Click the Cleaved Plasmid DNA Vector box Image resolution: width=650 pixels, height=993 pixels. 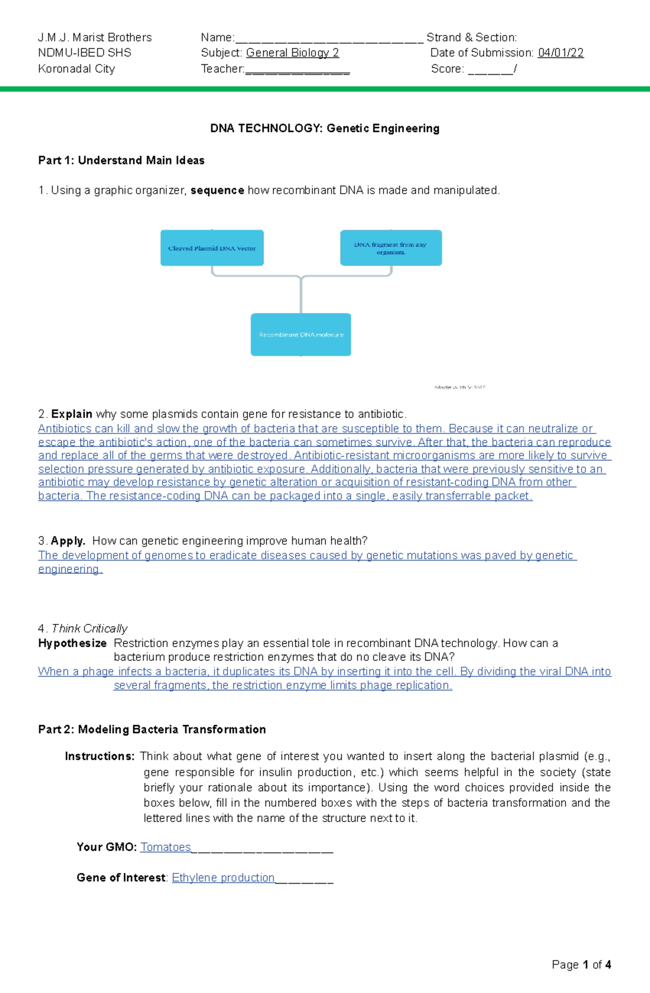pos(212,248)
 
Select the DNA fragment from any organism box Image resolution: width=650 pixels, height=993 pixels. pos(391,248)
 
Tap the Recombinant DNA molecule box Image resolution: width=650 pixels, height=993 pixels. pos(301,334)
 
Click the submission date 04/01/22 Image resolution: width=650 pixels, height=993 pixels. pos(561,53)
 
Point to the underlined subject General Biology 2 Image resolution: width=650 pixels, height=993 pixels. pos(292,53)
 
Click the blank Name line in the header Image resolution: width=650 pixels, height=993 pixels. pos(329,38)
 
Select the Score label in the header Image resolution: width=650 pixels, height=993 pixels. pos(447,69)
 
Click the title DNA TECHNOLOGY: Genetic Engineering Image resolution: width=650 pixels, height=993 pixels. pos(324,128)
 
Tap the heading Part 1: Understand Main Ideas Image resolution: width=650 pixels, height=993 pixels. pos(121,161)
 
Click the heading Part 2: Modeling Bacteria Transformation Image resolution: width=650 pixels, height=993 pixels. pos(152,729)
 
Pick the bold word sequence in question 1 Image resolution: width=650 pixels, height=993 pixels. pos(217,190)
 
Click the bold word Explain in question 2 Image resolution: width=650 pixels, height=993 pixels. pos(71,414)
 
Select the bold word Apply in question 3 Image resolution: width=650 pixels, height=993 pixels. pos(68,541)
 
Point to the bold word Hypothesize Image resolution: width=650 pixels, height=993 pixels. pos(72,643)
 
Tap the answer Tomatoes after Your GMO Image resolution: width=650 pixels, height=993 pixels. pos(165,847)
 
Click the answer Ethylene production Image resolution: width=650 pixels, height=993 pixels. pos(223,878)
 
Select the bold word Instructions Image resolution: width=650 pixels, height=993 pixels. pos(100,757)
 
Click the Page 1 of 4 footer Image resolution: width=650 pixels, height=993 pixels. pos(581,965)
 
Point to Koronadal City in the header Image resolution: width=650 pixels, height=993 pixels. pos(76,69)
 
